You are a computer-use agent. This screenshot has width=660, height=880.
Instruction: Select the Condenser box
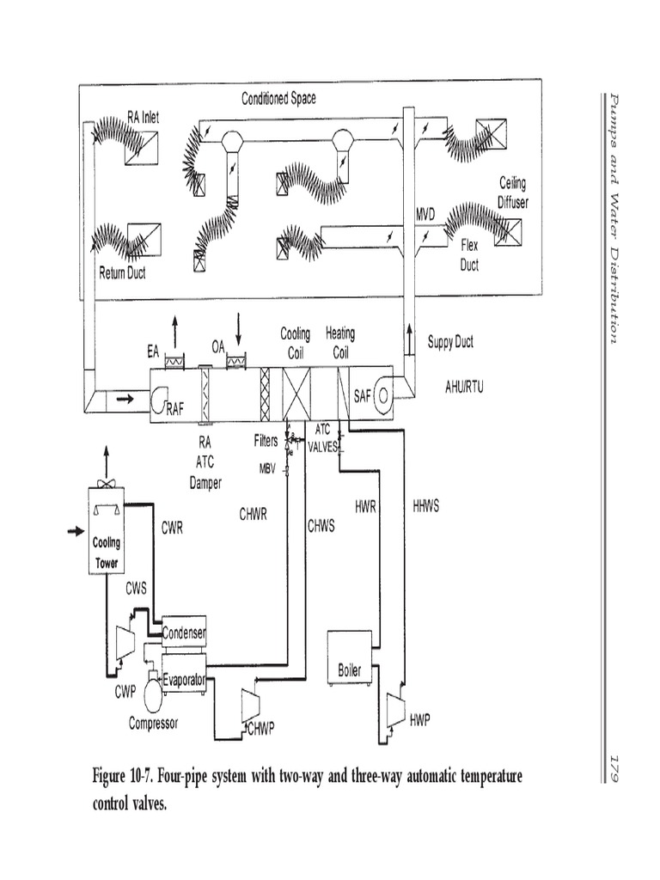pyautogui.click(x=184, y=633)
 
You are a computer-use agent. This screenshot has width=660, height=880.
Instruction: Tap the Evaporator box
pyautogui.click(x=184, y=680)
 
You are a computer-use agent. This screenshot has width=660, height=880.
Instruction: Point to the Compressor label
pyautogui.click(x=154, y=724)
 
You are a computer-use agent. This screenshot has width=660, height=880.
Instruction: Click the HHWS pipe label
pyautogui.click(x=425, y=506)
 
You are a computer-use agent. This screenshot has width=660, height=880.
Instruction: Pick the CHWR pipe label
pyautogui.click(x=254, y=515)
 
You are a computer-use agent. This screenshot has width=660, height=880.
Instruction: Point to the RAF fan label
pyautogui.click(x=174, y=411)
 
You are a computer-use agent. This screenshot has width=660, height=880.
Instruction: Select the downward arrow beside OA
pyautogui.click(x=239, y=329)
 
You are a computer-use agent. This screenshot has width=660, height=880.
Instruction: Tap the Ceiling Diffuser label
pyautogui.click(x=514, y=192)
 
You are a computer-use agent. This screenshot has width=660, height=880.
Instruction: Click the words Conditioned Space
pyautogui.click(x=278, y=98)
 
